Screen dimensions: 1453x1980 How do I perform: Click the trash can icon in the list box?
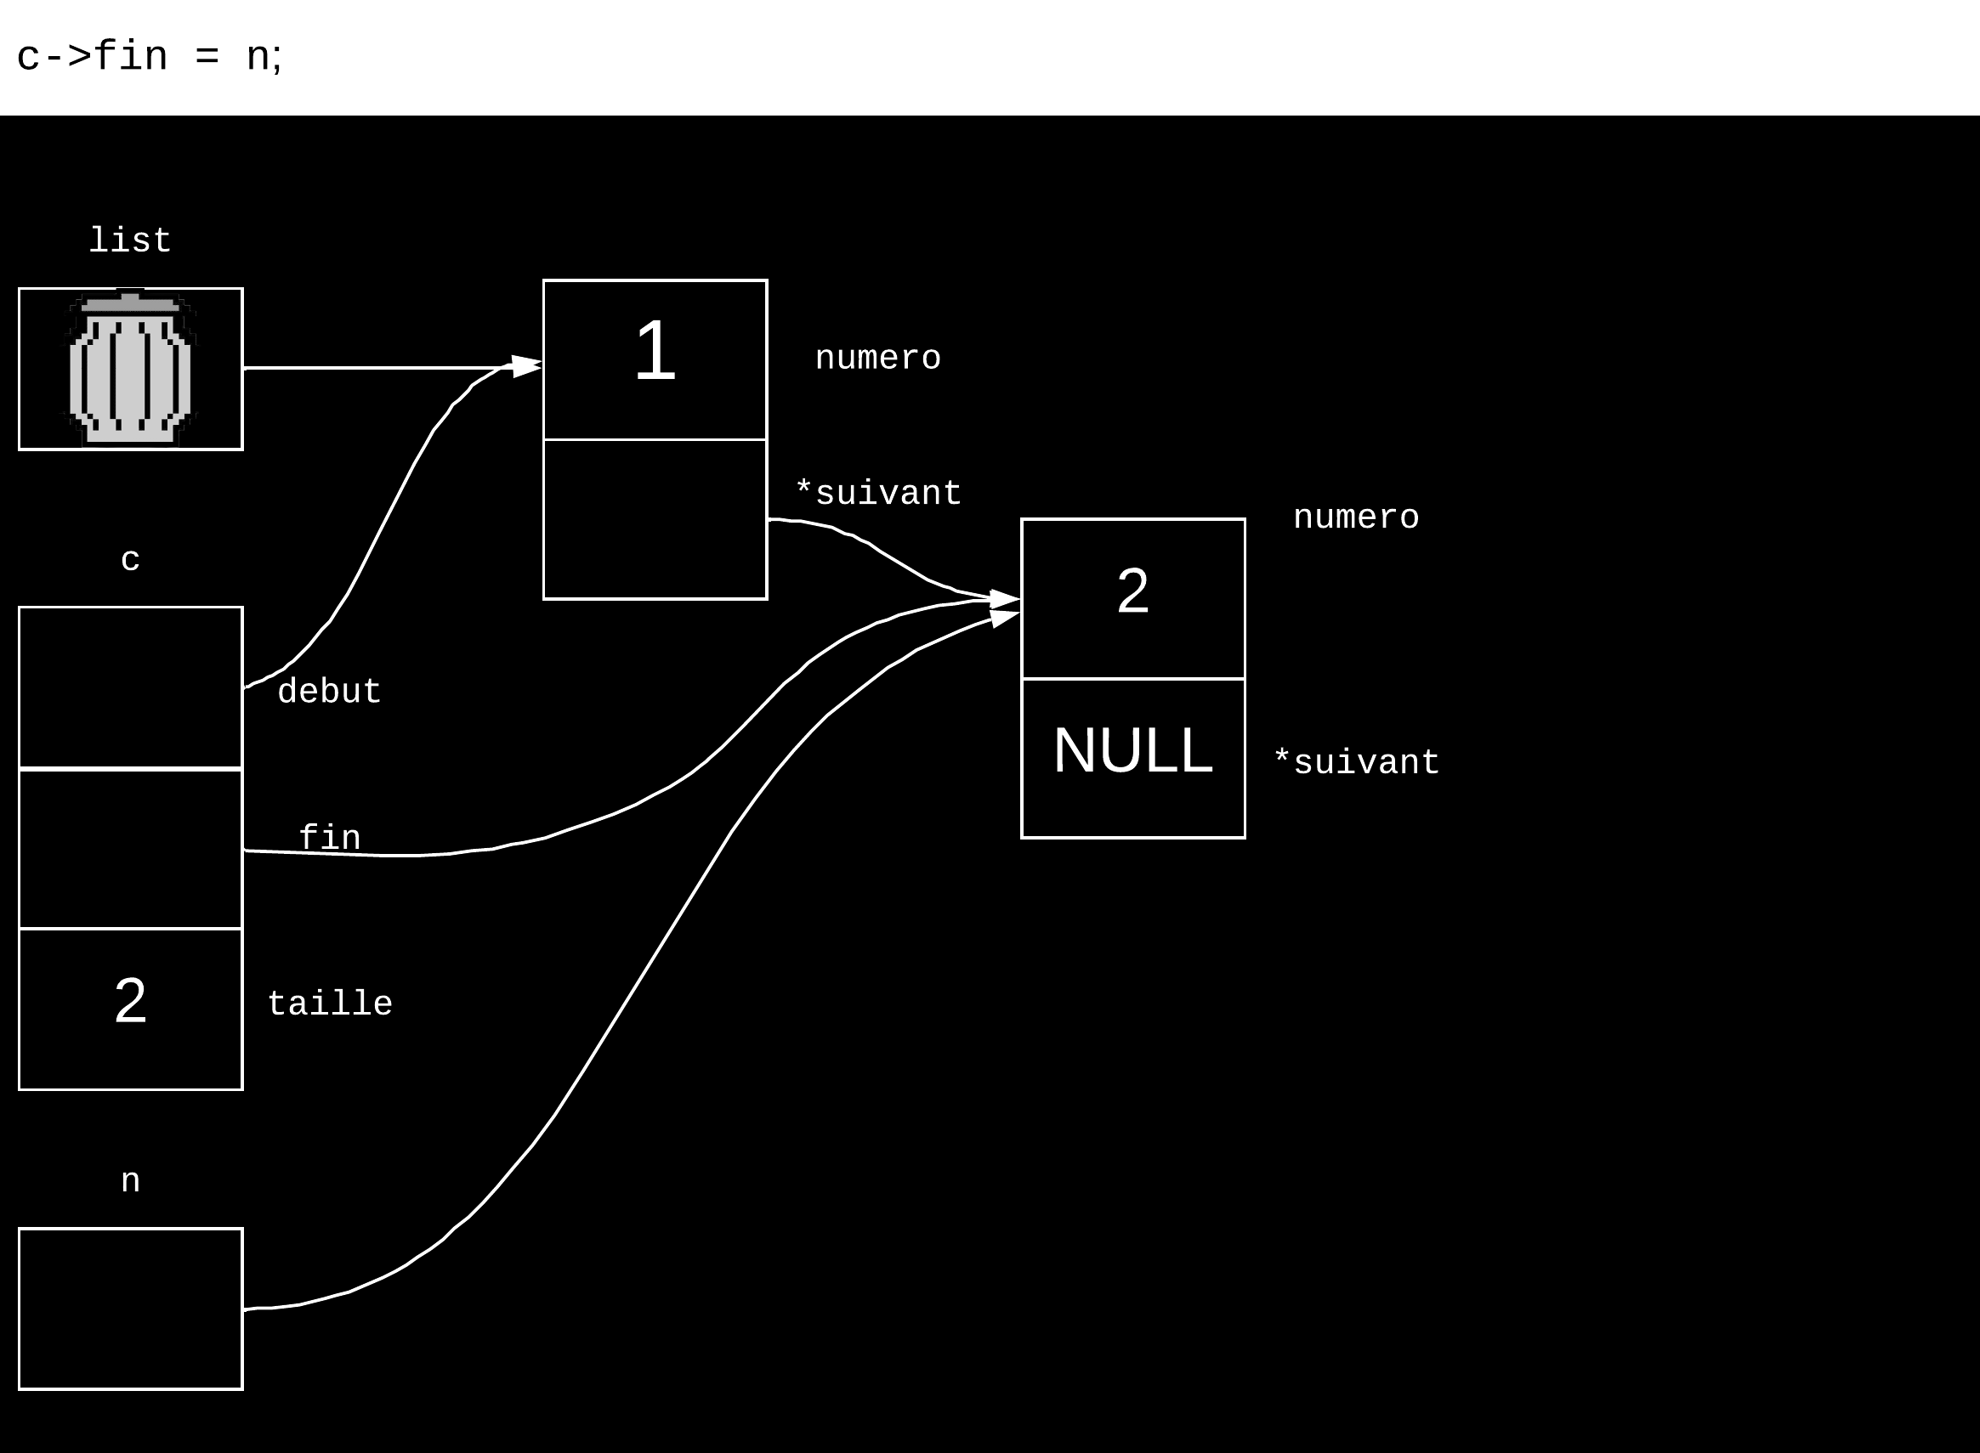(x=130, y=368)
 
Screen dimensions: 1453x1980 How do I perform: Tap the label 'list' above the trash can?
(x=130, y=240)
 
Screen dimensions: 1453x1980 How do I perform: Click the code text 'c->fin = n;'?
(x=149, y=57)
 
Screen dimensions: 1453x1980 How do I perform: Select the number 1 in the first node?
(x=655, y=352)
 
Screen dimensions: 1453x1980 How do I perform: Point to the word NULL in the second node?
(x=1132, y=750)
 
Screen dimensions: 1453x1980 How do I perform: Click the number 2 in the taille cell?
(x=130, y=1001)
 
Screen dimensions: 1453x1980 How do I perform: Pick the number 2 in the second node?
(x=1132, y=591)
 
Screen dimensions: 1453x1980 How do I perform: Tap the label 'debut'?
(x=329, y=692)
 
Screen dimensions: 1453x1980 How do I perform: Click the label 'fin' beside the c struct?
(x=329, y=837)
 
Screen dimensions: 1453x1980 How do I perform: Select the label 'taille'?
(x=330, y=1004)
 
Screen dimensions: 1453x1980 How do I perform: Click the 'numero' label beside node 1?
(x=877, y=358)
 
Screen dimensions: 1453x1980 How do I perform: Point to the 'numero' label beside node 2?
(x=1355, y=517)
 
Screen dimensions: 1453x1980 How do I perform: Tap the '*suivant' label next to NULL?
(x=1356, y=761)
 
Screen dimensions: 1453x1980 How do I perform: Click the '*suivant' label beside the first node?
(x=877, y=493)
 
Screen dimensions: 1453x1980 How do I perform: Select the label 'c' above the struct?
(x=130, y=560)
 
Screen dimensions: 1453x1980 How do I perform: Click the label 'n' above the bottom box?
(x=130, y=1180)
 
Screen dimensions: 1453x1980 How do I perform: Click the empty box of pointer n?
(x=130, y=1309)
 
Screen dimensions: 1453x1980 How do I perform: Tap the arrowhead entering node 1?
(x=527, y=367)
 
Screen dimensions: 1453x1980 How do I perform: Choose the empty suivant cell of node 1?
(x=655, y=519)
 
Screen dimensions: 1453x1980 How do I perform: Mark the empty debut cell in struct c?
(x=130, y=687)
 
